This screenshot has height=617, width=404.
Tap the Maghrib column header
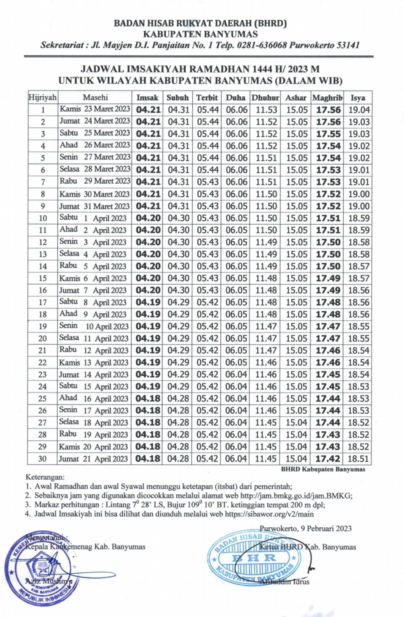coord(327,97)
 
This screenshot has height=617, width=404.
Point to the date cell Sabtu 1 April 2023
coord(94,218)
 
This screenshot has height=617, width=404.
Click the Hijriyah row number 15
coord(43,278)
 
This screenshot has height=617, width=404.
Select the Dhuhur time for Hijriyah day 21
coord(266,350)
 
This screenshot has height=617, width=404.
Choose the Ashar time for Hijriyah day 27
coord(296,422)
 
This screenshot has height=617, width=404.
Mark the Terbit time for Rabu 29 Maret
coord(206,182)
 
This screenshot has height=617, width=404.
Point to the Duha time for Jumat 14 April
coord(236,374)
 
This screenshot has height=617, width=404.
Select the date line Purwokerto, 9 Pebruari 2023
coord(305,528)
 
